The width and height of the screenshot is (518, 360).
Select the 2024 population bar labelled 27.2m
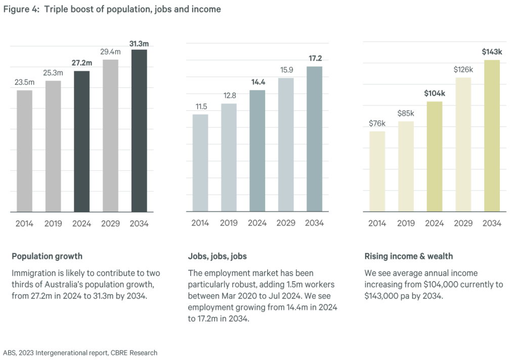(81, 141)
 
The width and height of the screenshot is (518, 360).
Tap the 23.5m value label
(24, 82)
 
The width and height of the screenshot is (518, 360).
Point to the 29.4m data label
(110, 52)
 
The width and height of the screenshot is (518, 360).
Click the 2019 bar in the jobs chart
(229, 157)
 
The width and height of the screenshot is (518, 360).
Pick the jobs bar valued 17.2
(314, 139)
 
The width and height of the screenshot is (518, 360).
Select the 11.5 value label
(200, 106)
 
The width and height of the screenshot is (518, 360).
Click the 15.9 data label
(286, 70)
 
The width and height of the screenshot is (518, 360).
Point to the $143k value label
(492, 52)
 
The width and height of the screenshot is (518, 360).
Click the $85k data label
(406, 113)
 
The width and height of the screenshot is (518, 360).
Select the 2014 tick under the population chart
(24, 223)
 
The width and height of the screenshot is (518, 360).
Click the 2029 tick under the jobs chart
(286, 223)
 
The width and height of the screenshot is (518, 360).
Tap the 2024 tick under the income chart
(434, 223)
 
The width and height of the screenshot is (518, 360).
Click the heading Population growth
(47, 256)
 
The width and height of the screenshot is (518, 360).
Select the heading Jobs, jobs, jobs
(217, 256)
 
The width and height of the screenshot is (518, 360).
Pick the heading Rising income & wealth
(408, 256)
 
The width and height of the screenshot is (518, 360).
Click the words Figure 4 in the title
(21, 9)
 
